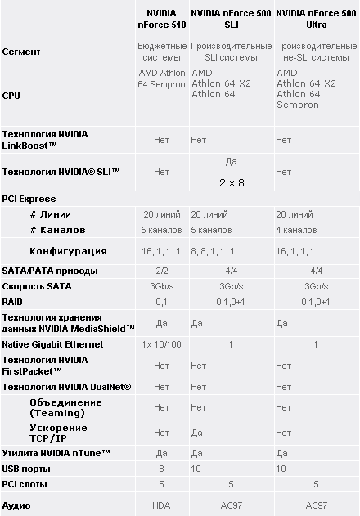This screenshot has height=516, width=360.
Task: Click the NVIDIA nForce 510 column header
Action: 161,19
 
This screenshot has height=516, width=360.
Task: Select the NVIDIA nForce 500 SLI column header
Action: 231,19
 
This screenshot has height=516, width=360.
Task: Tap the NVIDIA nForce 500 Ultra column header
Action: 317,19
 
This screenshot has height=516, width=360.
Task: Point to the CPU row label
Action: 11,95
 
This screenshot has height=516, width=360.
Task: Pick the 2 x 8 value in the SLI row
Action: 232,182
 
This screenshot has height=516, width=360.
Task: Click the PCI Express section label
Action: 29,199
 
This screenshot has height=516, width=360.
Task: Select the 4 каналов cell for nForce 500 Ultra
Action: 296,230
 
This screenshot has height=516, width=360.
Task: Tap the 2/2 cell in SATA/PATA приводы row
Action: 161,271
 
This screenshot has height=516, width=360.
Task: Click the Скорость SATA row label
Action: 37,286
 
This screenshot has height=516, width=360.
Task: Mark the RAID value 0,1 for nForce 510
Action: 161,302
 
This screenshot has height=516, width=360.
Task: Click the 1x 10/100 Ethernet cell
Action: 161,345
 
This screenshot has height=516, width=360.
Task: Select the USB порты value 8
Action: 161,469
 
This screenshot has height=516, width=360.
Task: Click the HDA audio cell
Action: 161,506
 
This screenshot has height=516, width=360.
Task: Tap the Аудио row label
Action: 17,506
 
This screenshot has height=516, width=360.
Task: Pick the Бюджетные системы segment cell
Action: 161,52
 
